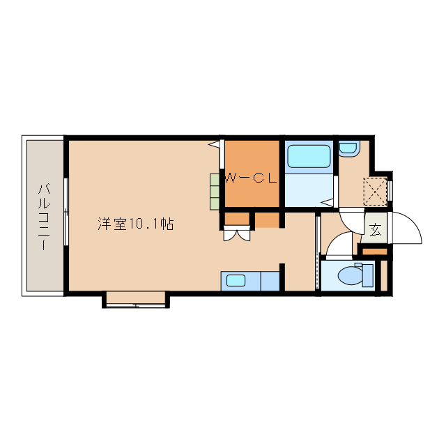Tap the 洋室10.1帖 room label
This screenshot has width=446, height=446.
pos(135,224)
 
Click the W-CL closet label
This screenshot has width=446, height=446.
pos(251,178)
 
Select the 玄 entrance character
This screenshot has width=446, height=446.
pos(375,229)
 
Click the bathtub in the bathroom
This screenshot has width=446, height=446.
pos(309,156)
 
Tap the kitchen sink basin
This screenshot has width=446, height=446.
pos(236,282)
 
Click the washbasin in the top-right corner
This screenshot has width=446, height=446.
pos(347,148)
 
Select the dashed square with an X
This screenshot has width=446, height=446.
pos(375,192)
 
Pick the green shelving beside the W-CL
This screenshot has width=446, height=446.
pos(215,190)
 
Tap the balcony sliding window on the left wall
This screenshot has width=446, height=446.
pos(66,211)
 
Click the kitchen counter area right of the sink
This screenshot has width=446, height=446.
pos(269,282)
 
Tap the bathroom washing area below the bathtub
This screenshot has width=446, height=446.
pos(309,190)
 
